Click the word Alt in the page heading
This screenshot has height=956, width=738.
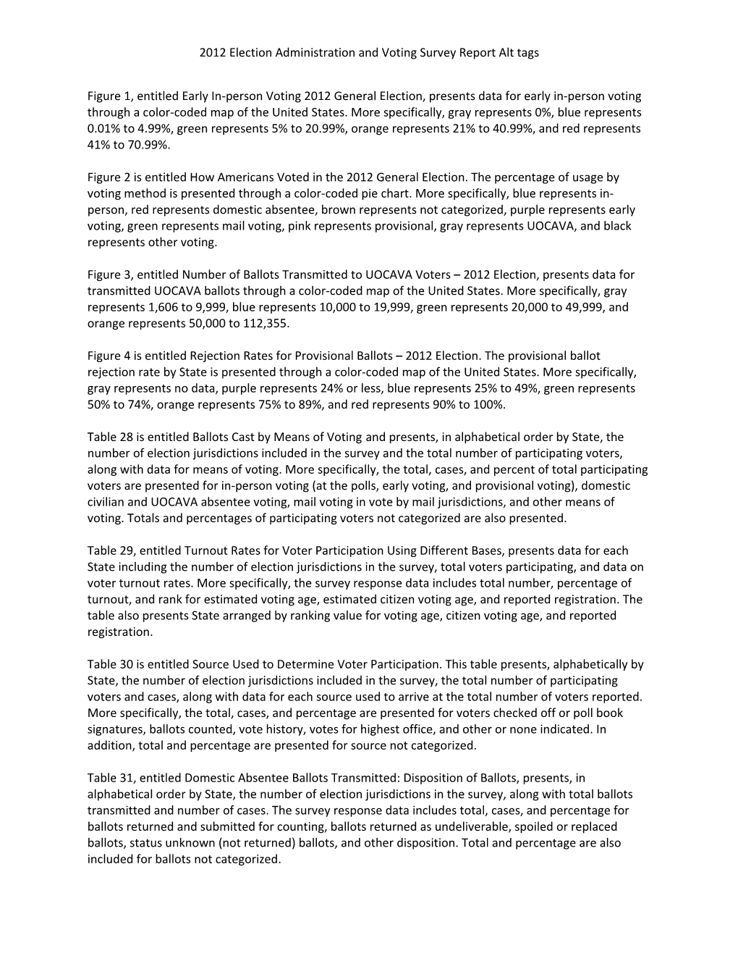coord(506,53)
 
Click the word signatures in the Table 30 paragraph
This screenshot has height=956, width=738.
coord(115,729)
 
